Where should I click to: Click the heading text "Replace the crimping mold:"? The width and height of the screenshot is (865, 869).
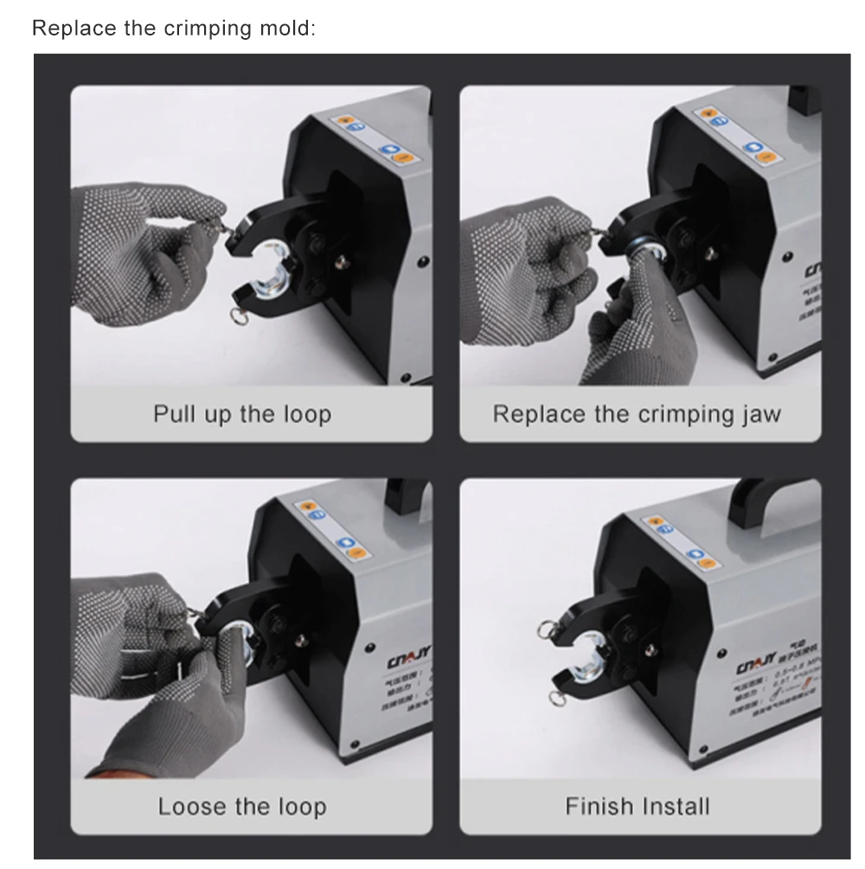[x=174, y=28]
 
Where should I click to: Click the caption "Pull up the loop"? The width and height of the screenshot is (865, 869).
[x=242, y=413]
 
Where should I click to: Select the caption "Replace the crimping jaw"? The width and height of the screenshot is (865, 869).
[x=637, y=413]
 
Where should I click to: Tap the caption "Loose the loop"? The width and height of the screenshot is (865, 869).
[x=242, y=807]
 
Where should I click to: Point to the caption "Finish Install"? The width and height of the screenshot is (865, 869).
[x=637, y=807]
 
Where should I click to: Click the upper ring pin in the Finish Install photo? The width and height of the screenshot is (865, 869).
[x=548, y=624]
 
